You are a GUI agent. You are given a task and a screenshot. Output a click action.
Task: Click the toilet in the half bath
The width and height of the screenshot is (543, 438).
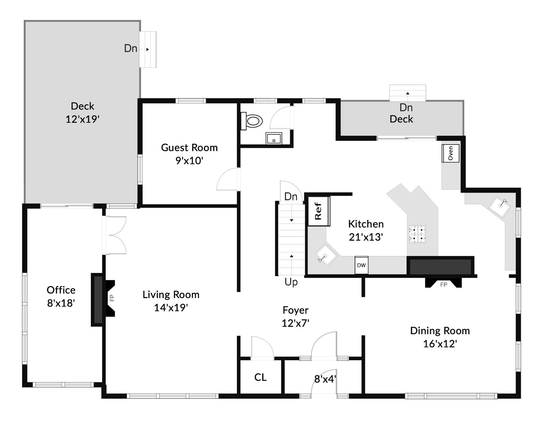click(252, 121)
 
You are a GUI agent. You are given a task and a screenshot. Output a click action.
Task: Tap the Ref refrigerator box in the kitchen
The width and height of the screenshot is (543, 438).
click(319, 211)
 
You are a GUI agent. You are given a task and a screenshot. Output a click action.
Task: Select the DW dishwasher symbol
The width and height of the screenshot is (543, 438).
click(361, 265)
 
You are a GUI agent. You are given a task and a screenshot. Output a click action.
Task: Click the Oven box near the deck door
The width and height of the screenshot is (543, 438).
click(450, 153)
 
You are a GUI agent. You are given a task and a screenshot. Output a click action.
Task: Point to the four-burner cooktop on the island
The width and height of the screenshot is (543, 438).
click(417, 234)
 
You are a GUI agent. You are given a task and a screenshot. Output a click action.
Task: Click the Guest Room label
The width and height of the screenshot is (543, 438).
click(189, 148)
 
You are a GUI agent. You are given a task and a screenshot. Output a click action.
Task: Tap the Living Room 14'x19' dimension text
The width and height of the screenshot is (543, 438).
click(171, 308)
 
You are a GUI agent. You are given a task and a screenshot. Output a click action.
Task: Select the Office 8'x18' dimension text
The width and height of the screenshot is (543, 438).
click(61, 303)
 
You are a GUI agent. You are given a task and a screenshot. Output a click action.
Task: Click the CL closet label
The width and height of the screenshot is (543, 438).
click(260, 378)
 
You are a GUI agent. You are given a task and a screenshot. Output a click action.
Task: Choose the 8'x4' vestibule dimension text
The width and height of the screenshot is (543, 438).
click(325, 379)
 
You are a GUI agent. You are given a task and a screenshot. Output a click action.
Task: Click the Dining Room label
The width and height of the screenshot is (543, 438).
click(440, 331)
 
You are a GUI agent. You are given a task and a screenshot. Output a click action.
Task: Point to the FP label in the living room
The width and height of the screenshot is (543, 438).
click(112, 298)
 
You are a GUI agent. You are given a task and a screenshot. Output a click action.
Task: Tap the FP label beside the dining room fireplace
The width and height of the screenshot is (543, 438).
click(443, 285)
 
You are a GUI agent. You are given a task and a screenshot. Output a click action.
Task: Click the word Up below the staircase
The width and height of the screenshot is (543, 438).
click(291, 282)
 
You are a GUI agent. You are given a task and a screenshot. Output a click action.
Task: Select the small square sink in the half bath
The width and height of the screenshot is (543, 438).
click(274, 139)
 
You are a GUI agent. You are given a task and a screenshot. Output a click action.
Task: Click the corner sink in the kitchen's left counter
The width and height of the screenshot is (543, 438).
click(326, 255)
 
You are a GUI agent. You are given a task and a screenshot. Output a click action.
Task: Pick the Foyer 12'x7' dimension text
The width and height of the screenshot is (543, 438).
click(295, 323)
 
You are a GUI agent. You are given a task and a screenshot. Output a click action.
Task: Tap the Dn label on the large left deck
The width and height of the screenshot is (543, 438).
click(131, 48)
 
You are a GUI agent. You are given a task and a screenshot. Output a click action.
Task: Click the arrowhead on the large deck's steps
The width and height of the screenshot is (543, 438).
click(148, 50)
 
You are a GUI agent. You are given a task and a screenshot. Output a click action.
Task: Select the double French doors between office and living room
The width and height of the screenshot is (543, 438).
click(116, 235)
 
